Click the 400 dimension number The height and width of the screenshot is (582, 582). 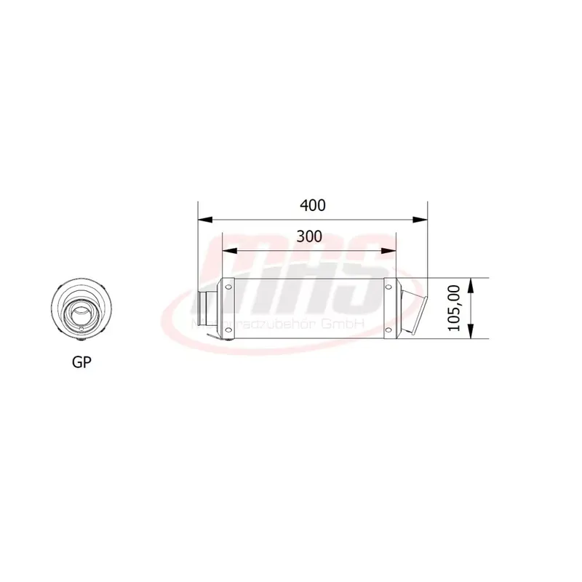point(312,205)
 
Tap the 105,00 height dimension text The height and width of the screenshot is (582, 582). point(455,308)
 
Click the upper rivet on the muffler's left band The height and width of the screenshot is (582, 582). point(228,289)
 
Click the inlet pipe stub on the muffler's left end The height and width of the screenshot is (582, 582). point(207,308)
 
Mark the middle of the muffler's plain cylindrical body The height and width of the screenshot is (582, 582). point(308,308)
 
